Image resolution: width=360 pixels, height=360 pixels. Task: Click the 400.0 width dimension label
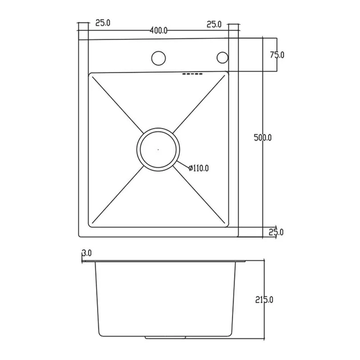point(158,30)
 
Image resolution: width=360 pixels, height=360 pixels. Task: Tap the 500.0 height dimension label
point(263,138)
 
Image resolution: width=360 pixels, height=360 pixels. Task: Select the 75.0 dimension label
point(277,55)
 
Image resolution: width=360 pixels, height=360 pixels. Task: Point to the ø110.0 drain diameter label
point(199,169)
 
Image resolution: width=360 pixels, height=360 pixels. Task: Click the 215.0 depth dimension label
point(264,300)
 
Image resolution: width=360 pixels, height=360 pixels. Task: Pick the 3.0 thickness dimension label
point(87,253)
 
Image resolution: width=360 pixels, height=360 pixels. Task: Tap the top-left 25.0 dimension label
point(103,23)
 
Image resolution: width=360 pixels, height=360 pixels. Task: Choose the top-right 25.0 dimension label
point(214,25)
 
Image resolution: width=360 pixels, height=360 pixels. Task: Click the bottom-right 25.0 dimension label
point(276,233)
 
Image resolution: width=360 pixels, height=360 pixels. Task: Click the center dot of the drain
point(158,150)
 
